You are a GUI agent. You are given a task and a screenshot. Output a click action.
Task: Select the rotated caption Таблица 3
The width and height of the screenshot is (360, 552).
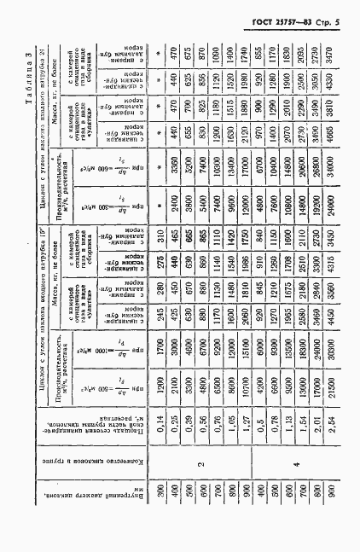[x=340, y=76]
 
